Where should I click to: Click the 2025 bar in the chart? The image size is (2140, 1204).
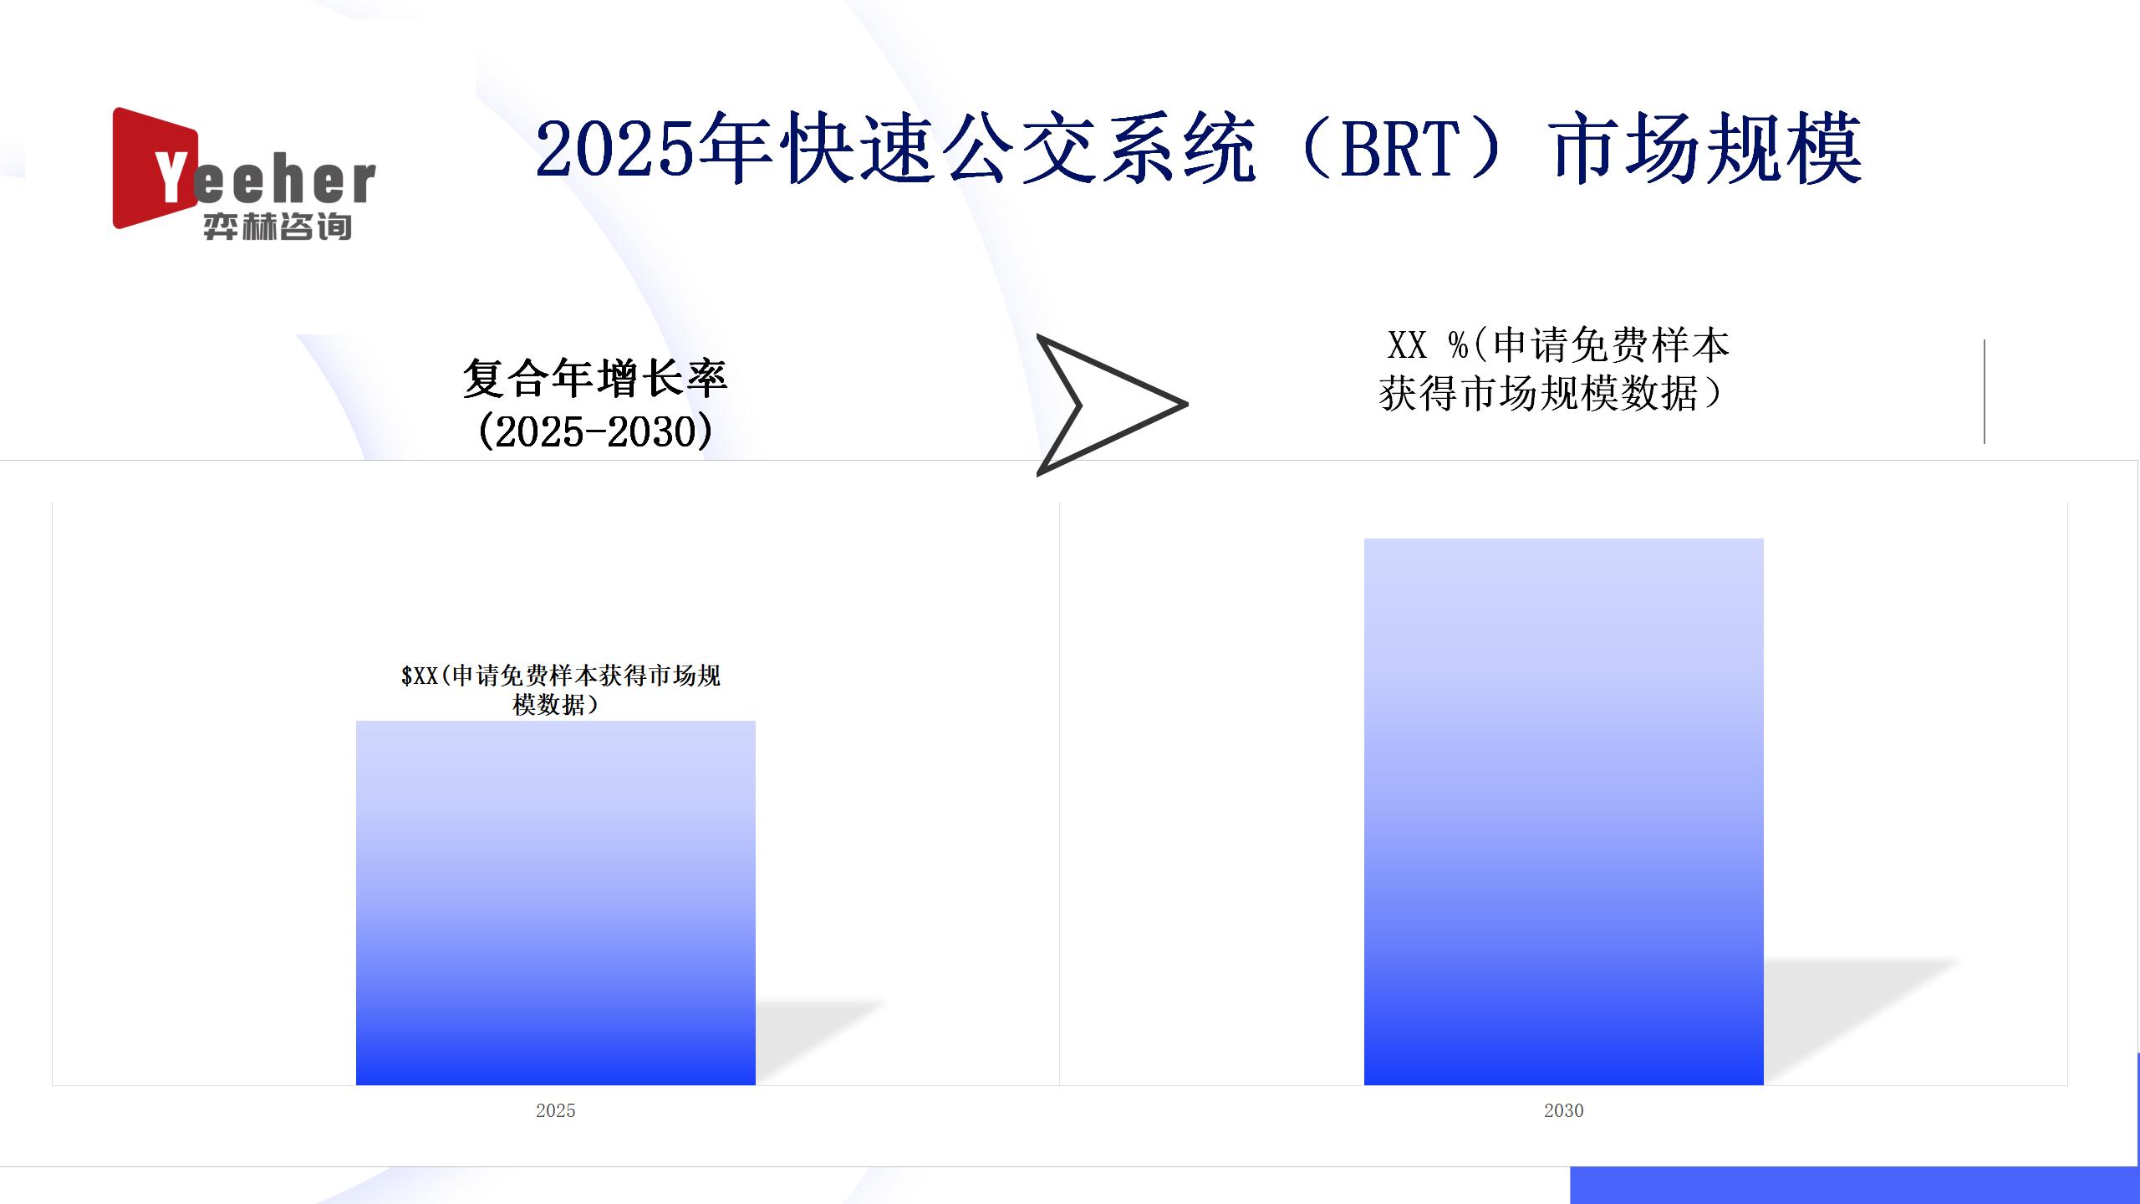coord(556,903)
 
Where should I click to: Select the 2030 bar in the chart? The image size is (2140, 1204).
coord(1564,812)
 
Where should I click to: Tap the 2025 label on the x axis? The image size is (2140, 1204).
coord(556,1110)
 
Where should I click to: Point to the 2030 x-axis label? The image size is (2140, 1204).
coord(1564,1110)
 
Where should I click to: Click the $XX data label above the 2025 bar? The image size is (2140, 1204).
coord(560,690)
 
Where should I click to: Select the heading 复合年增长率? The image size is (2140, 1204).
coord(595,379)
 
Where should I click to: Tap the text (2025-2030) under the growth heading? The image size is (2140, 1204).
coord(595,431)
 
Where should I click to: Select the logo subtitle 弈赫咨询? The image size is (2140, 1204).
coord(278,227)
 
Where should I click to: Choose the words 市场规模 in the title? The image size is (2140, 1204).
coord(1708,149)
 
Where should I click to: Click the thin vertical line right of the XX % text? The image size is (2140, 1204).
coord(1985,391)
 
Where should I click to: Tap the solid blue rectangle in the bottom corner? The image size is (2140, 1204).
coord(1855,1185)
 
